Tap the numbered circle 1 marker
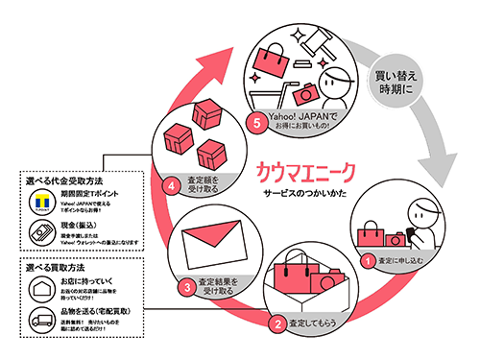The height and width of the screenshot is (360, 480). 367,259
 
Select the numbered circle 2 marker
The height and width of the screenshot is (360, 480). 277,324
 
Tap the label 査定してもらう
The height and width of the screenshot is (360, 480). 314,324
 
